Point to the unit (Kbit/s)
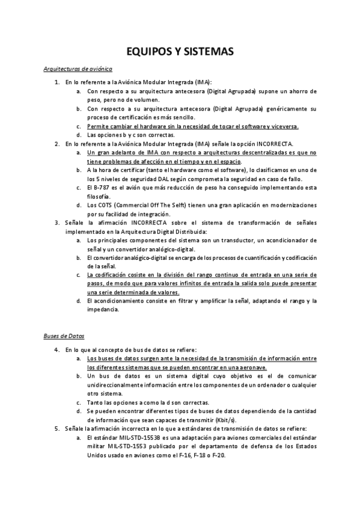[x=223, y=419]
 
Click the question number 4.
[x=56, y=349]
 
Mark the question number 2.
[x=56, y=144]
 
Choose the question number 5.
[x=56, y=428]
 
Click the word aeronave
[x=253, y=366]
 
